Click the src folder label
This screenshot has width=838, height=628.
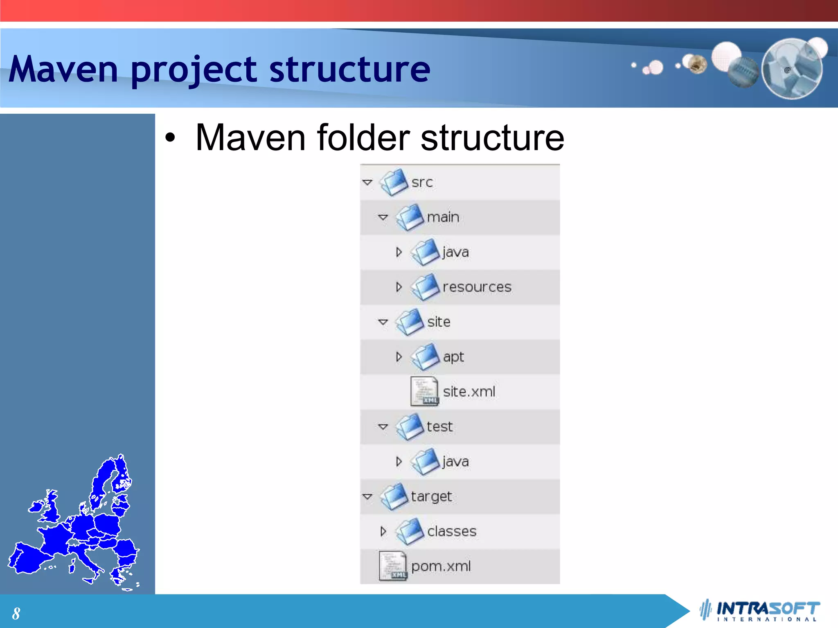(x=422, y=182)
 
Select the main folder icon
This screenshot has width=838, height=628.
(x=410, y=217)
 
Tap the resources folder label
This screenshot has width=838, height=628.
(x=477, y=287)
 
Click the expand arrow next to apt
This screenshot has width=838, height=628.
(x=399, y=357)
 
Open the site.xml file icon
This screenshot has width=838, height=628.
(x=425, y=392)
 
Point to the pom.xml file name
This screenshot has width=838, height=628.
(x=441, y=566)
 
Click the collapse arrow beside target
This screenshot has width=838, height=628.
(x=367, y=496)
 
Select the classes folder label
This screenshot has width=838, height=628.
(x=452, y=532)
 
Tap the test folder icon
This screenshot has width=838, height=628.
(x=410, y=427)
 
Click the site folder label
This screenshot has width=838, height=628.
(x=439, y=322)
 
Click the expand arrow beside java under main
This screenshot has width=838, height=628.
(x=399, y=252)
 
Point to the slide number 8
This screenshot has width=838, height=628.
(x=16, y=613)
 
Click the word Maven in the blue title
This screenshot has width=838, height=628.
(x=63, y=70)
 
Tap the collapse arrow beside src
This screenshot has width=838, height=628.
(x=367, y=182)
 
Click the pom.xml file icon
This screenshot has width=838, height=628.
(x=393, y=566)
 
